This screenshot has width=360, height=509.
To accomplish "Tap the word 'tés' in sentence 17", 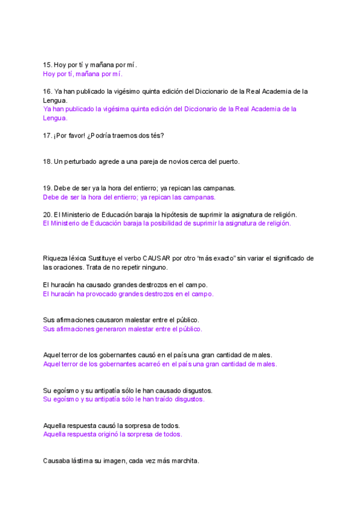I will [x=157, y=136].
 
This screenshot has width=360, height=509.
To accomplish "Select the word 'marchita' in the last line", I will [x=184, y=461].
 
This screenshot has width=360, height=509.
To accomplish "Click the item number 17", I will [x=47, y=136].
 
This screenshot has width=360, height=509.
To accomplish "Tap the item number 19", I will [x=47, y=188].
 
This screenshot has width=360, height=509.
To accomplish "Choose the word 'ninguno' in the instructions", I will [x=154, y=267].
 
